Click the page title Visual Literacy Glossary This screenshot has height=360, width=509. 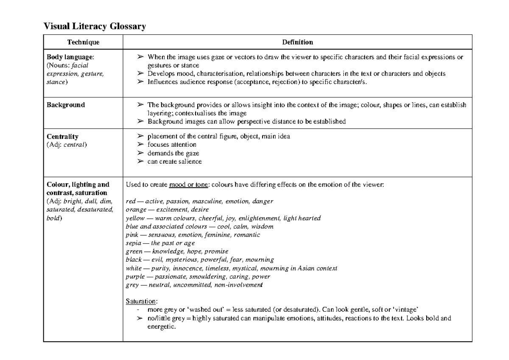pos(95,27)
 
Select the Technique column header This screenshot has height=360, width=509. pos(83,42)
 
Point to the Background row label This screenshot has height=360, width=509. pos(66,105)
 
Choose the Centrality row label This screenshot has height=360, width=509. pos(62,137)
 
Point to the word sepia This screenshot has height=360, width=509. pos(134,243)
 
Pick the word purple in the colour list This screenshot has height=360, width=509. pos(135,276)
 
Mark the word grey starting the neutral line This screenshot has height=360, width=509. pos(132,285)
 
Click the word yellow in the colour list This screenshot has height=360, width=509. pos(135,218)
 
